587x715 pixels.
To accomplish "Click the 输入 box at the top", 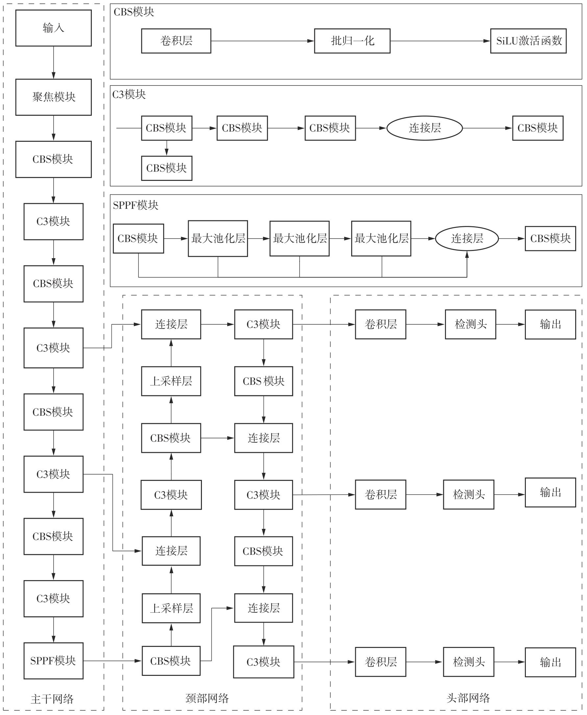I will pyautogui.click(x=53, y=28).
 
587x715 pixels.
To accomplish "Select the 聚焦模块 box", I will pyautogui.click(x=53, y=97).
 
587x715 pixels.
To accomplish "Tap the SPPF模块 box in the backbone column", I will pyautogui.click(x=53, y=660).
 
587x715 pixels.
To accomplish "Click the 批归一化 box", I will pyautogui.click(x=352, y=41).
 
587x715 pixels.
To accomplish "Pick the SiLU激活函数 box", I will pyautogui.click(x=528, y=41).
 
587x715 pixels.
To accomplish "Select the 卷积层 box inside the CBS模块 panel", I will pyautogui.click(x=176, y=41).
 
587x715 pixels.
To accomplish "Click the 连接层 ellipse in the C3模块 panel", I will pyautogui.click(x=424, y=128).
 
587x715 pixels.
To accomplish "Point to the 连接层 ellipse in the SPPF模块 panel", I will pyautogui.click(x=467, y=238).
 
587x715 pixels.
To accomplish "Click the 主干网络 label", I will pyautogui.click(x=52, y=699).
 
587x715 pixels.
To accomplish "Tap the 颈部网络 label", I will pyautogui.click(x=207, y=698).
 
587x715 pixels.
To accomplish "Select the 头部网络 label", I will pyautogui.click(x=468, y=698).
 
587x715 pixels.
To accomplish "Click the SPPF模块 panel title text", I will pyautogui.click(x=135, y=205).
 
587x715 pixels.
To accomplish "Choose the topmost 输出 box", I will pyautogui.click(x=550, y=324).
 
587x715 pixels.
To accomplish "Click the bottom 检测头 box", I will pyautogui.click(x=468, y=662).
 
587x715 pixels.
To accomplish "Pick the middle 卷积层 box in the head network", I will pyautogui.click(x=380, y=494).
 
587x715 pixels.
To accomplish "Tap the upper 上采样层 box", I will pyautogui.click(x=171, y=381).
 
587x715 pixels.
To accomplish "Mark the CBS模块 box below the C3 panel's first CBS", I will pyautogui.click(x=167, y=168).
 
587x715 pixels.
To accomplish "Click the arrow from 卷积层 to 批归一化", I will pyautogui.click(x=262, y=41).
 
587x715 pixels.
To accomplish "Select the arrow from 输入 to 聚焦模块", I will pyautogui.click(x=53, y=62).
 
